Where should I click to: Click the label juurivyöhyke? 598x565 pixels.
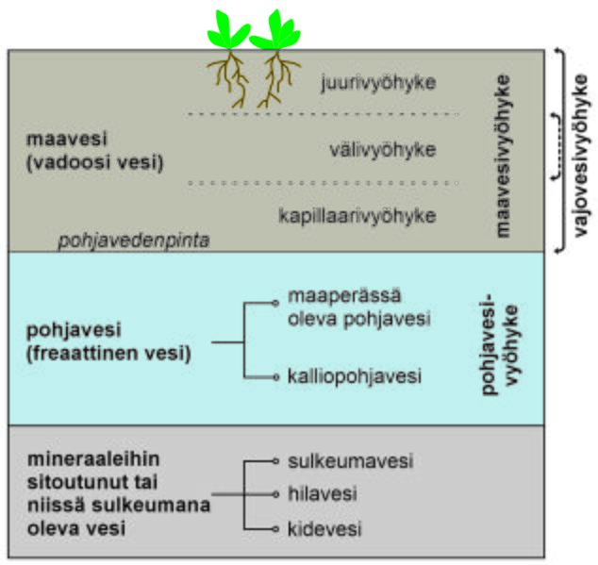click(x=377, y=82)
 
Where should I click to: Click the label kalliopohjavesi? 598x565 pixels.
click(x=355, y=376)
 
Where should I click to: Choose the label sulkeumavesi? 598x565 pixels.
click(x=350, y=462)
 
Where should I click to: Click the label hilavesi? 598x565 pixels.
click(x=322, y=493)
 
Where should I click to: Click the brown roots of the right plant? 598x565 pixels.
click(x=275, y=77)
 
